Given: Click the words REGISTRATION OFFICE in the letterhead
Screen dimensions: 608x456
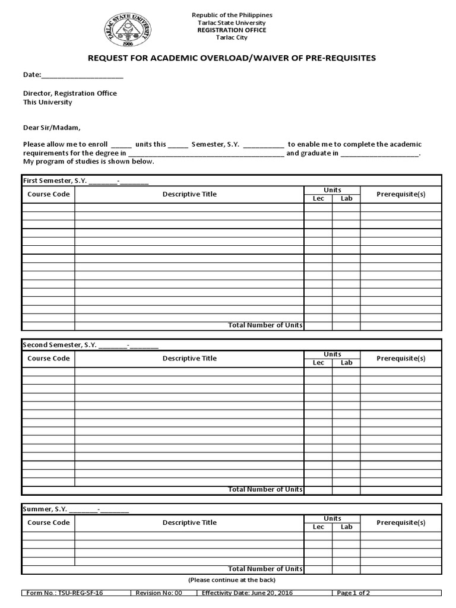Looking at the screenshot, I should pos(232,30).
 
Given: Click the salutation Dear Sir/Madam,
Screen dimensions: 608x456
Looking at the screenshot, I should pos(51,127).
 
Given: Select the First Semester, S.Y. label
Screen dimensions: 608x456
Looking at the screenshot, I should pos(55,180).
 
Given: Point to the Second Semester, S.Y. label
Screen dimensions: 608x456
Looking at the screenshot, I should pos(59,344).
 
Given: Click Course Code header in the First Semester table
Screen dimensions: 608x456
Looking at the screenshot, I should pos(49,194).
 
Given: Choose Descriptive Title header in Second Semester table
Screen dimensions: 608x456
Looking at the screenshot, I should pos(189,359).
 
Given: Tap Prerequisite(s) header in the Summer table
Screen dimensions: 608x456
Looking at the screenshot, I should pos(401,522).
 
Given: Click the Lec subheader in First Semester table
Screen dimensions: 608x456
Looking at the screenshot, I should pos(318,198).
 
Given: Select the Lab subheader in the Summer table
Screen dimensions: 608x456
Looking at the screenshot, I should pos(346,527).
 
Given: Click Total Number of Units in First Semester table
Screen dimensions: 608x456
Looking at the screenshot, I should pos(265,325).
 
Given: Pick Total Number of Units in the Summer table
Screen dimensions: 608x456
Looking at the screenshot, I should pos(265,569).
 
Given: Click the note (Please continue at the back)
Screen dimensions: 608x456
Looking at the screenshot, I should pos(232,579).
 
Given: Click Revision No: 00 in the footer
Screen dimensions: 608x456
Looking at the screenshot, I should pos(159,593).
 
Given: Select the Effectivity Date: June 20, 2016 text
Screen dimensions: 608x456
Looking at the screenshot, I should pos(247,593).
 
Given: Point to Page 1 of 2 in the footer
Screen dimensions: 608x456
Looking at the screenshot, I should pos(353,593).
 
